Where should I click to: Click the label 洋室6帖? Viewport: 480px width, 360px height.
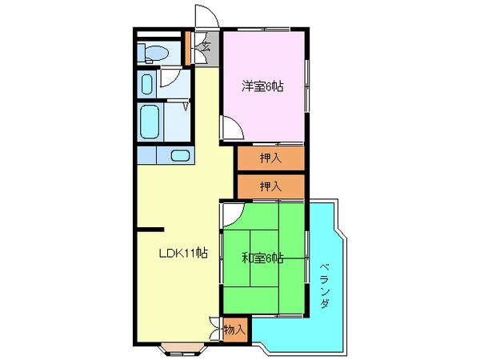coord(263,86)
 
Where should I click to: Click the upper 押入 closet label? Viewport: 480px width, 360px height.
coord(270,158)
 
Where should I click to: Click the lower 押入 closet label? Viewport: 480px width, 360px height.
coord(270,186)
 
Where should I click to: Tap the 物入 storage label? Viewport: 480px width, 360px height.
coord(234,329)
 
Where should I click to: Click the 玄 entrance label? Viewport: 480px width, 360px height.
coord(206,46)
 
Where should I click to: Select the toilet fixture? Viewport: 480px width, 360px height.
coord(153,54)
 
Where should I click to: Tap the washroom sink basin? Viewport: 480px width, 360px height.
coord(147,84)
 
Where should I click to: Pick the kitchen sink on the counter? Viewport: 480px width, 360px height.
coord(180,155)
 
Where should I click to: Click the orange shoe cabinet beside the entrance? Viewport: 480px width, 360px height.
coord(189,48)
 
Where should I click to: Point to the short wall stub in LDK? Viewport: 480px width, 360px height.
coord(150,229)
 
